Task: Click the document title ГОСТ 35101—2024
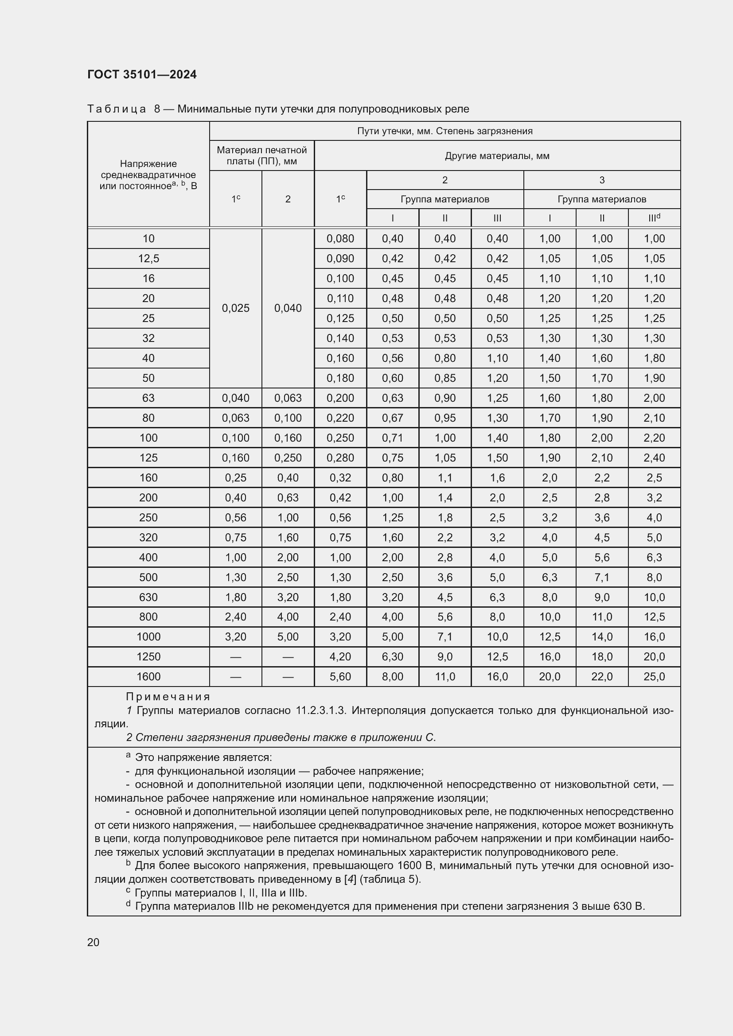(142, 74)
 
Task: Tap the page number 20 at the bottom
(94, 942)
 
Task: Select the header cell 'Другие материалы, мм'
(497, 156)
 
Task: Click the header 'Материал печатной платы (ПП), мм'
(261, 155)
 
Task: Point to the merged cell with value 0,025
(236, 308)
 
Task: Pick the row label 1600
(148, 676)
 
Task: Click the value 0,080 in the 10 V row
(340, 239)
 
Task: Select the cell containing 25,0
(654, 676)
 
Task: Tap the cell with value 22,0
(602, 676)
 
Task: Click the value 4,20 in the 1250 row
(340, 656)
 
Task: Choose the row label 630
(148, 597)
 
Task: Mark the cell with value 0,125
(340, 318)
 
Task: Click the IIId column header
(654, 218)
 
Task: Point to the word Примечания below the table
(168, 697)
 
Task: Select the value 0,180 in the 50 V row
(340, 378)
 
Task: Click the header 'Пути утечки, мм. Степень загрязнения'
(444, 131)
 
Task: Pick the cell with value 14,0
(602, 636)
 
